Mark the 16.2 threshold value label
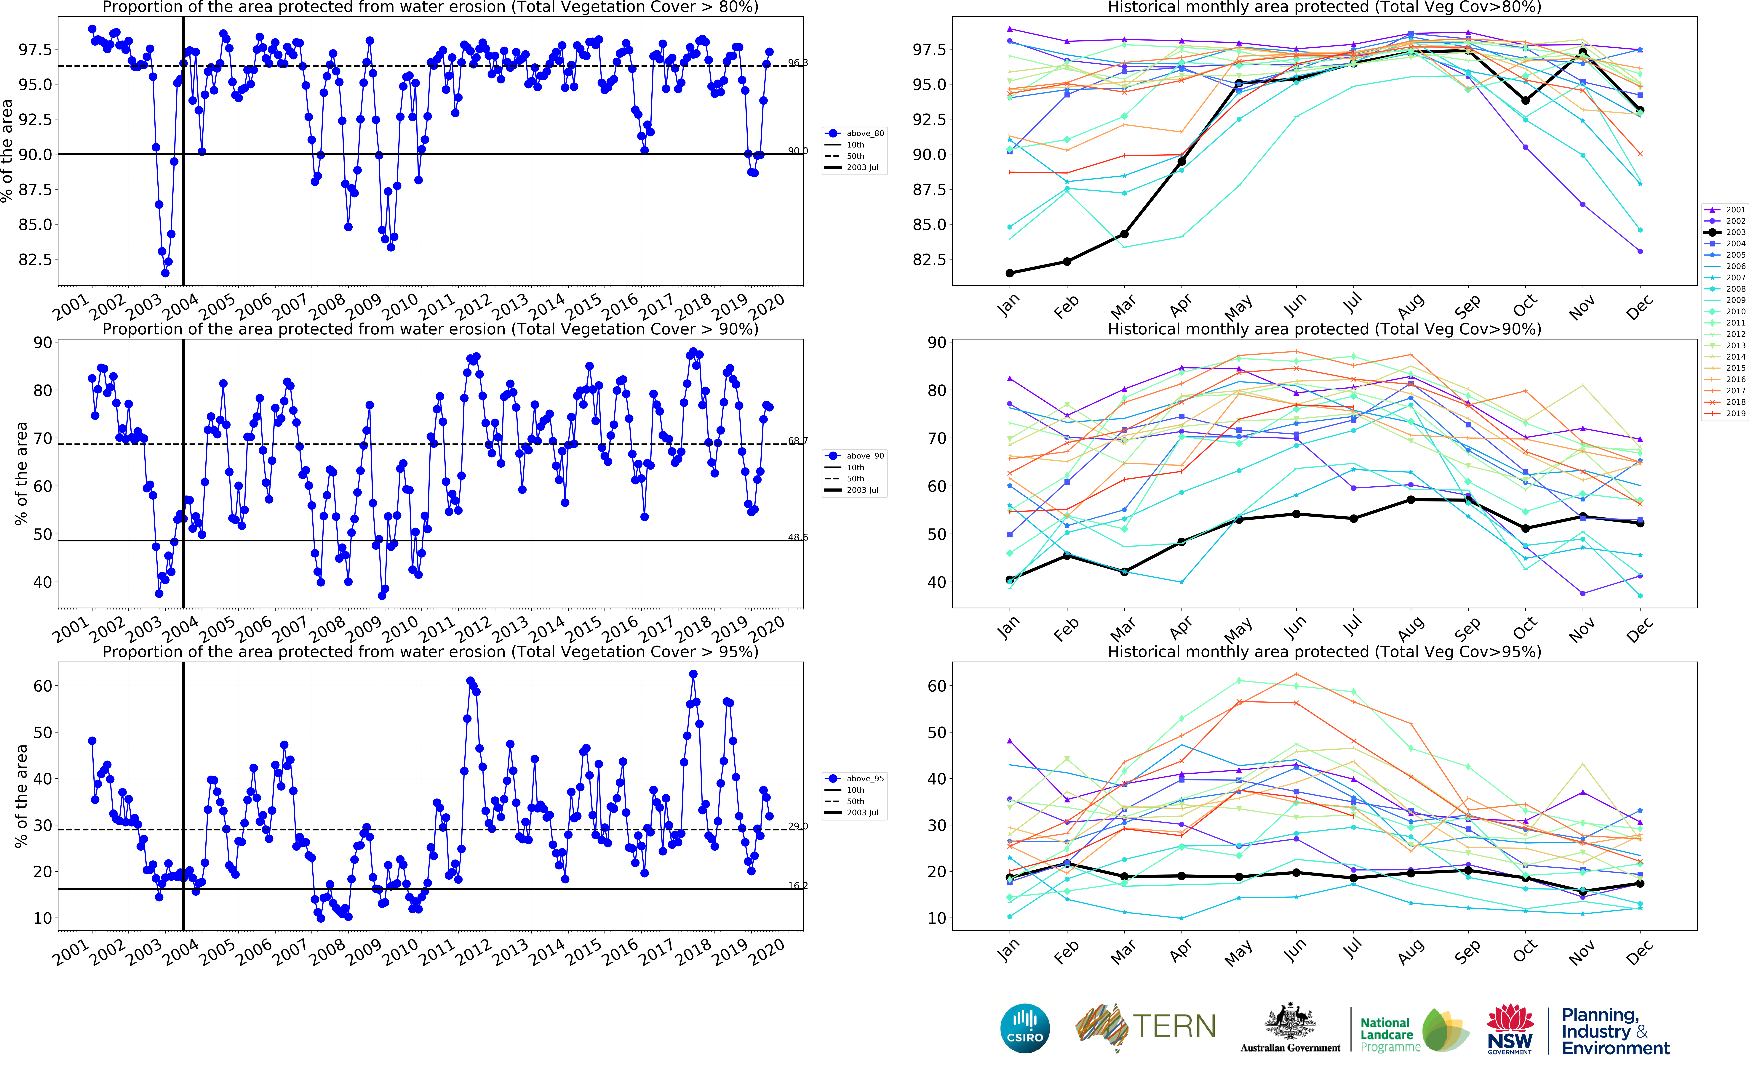pos(798,886)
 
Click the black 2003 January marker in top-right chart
pos(1009,273)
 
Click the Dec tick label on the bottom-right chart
pos(1640,952)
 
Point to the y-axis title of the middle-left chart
pos(21,474)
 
